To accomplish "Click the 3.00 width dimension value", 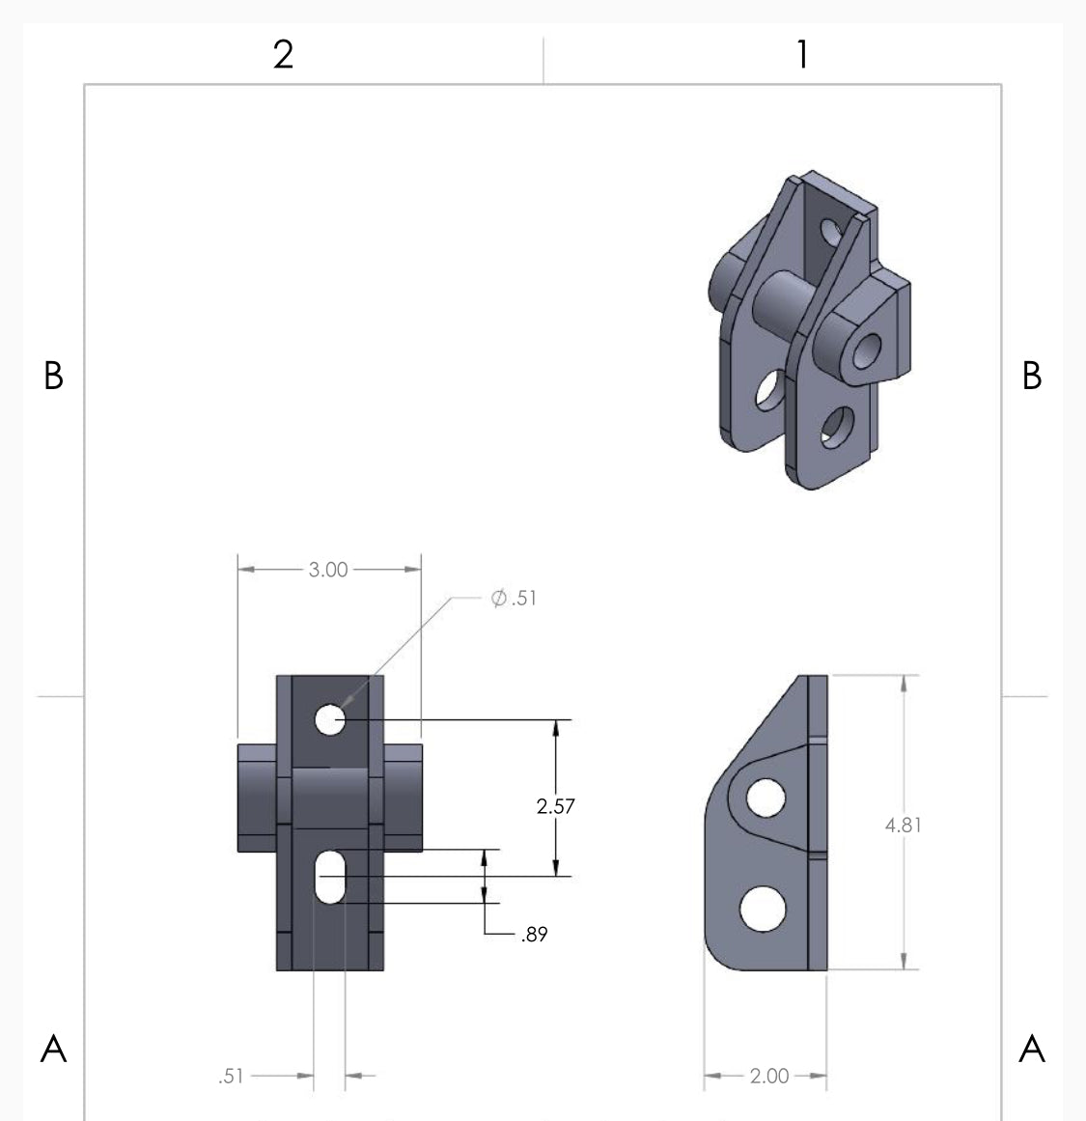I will pyautogui.click(x=328, y=570).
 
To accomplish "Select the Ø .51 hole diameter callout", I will pyautogui.click(x=514, y=599).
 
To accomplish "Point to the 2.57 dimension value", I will pyautogui.click(x=556, y=806).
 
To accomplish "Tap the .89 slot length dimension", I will pyautogui.click(x=534, y=935).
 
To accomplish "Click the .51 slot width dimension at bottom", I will pyautogui.click(x=231, y=1076).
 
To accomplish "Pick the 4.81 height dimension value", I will pyautogui.click(x=904, y=825).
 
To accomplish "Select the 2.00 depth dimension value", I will pyautogui.click(x=768, y=1076).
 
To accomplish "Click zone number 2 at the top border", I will pyautogui.click(x=283, y=55).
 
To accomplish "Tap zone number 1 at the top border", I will pyautogui.click(x=801, y=55).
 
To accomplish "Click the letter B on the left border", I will pyautogui.click(x=54, y=376).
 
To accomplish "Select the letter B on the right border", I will pyautogui.click(x=1032, y=376).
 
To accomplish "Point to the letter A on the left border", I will pyautogui.click(x=54, y=1048).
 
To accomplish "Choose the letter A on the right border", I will pyautogui.click(x=1032, y=1048).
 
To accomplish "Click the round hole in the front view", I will pyautogui.click(x=330, y=719).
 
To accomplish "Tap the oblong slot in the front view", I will pyautogui.click(x=330, y=877).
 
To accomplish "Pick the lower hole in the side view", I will pyautogui.click(x=762, y=909).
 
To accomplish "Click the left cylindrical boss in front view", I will pyautogui.click(x=257, y=797).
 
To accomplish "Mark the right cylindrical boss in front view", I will pyautogui.click(x=404, y=797).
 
